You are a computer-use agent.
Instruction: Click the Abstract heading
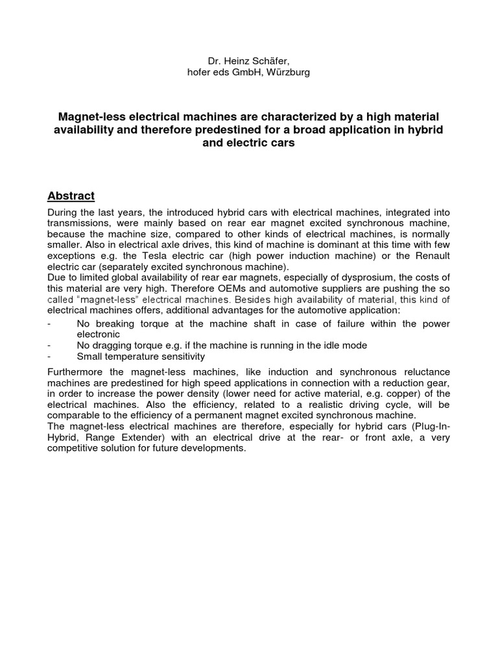[x=71, y=196]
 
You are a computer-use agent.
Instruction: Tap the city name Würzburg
[x=285, y=72]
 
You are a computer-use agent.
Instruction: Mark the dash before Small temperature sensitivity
[x=50, y=357]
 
